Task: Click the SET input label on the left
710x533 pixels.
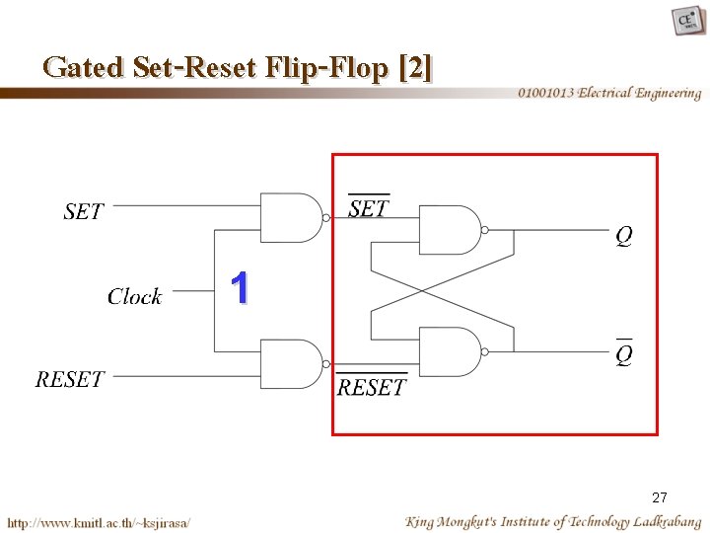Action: click(83, 211)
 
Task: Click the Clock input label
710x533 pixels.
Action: click(134, 296)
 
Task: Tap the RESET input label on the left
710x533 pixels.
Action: click(70, 379)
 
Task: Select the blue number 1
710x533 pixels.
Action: click(240, 289)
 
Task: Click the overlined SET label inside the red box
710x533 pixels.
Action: click(369, 207)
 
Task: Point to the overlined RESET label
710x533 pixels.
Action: click(371, 386)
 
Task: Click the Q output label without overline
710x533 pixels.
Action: click(623, 236)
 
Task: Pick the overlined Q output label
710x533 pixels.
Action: click(624, 352)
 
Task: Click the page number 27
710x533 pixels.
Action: click(660, 497)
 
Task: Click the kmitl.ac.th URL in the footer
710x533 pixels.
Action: click(99, 521)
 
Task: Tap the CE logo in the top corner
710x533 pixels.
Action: click(687, 20)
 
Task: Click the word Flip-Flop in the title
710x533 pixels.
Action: click(331, 67)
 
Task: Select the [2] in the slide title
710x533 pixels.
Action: click(415, 67)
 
